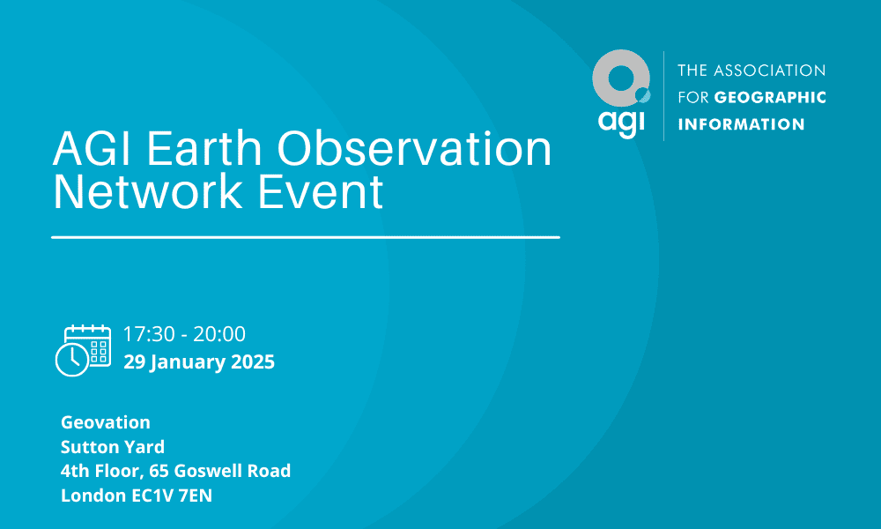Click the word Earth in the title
point(204,149)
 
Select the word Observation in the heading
point(414,149)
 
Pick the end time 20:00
point(219,334)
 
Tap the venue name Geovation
point(106,422)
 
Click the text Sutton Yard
point(113,447)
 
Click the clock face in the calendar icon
point(72,359)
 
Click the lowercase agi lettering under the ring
point(621,122)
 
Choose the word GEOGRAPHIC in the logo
point(770,97)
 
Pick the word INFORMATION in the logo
point(741,124)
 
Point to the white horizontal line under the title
point(306,237)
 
